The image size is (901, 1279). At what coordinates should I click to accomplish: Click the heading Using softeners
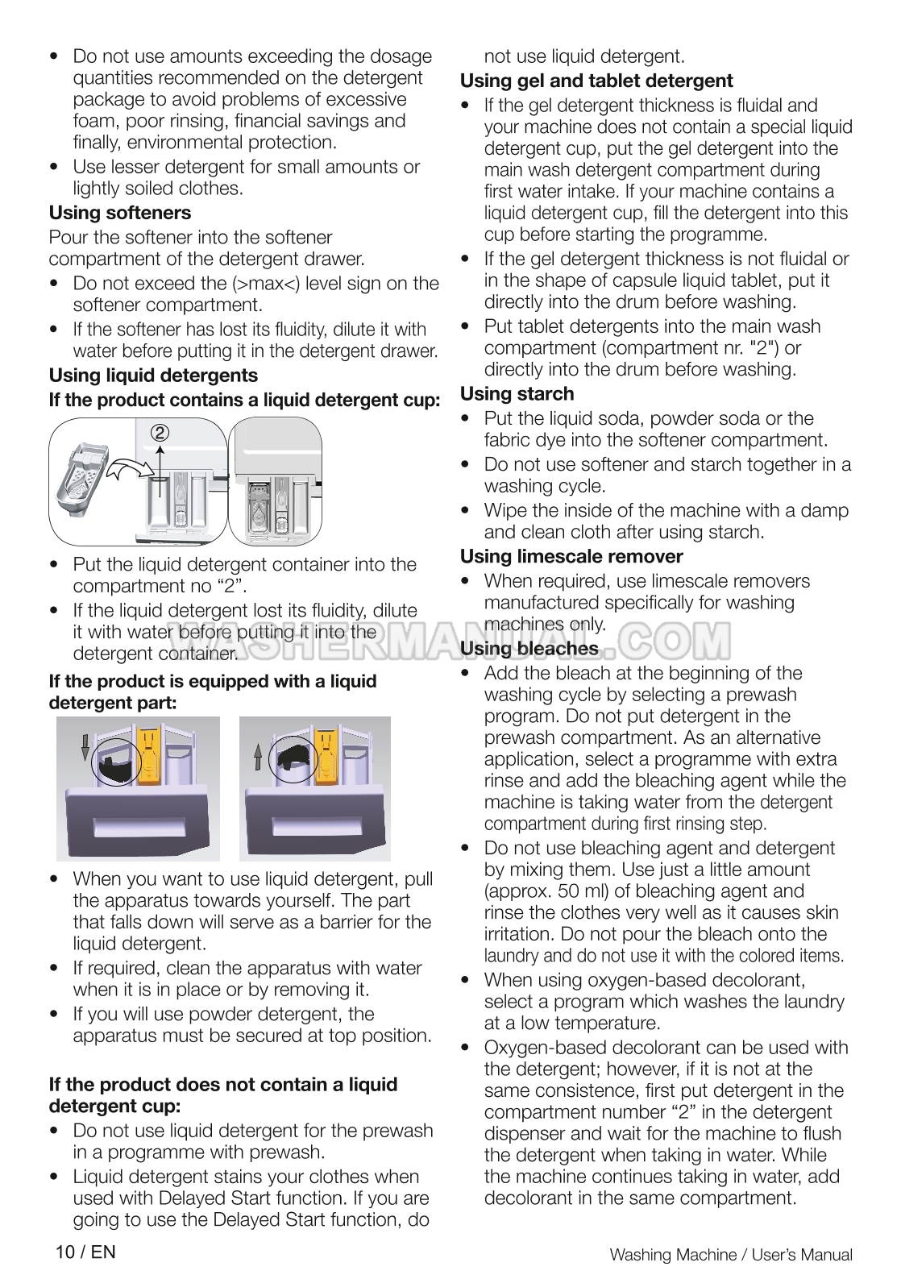tap(120, 213)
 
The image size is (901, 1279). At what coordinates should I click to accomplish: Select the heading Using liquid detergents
tap(153, 376)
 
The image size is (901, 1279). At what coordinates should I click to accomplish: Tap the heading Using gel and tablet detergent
tap(596, 81)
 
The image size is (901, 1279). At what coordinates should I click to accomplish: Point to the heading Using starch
tap(517, 394)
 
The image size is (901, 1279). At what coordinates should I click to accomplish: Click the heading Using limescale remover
tap(571, 557)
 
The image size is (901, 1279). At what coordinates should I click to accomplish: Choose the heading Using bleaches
tap(529, 649)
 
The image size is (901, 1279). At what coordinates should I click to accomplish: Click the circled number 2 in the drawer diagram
tap(160, 433)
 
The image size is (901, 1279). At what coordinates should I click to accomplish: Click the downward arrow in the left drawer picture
tap(85, 747)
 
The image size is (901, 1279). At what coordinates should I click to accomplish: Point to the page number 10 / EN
tap(85, 1252)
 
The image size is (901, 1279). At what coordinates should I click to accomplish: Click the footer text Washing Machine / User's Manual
tap(731, 1255)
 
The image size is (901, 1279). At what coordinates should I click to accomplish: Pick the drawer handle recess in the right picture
tap(315, 826)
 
